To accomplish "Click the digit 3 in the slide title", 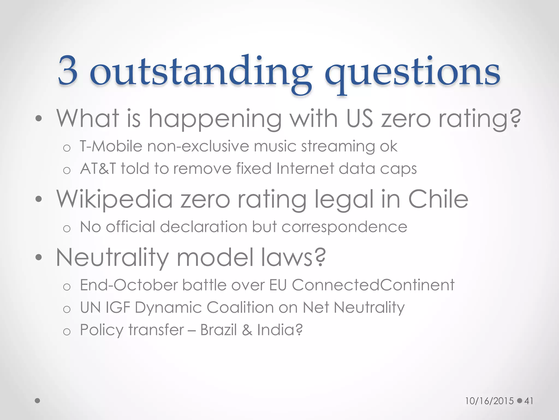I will tap(68, 71).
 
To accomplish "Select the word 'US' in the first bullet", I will tap(359, 118).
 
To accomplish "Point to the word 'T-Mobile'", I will tap(111, 146).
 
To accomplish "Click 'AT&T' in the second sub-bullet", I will tap(98, 168).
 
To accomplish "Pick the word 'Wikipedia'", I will tap(115, 199).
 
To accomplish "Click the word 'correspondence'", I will tap(344, 227).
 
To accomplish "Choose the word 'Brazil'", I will tap(218, 330).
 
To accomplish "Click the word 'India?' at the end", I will tap(280, 330).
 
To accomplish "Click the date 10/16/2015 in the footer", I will tap(489, 401).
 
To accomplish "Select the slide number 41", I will tap(529, 401).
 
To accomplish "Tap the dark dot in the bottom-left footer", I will tap(38, 401).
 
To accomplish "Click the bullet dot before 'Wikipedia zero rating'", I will tap(39, 199).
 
